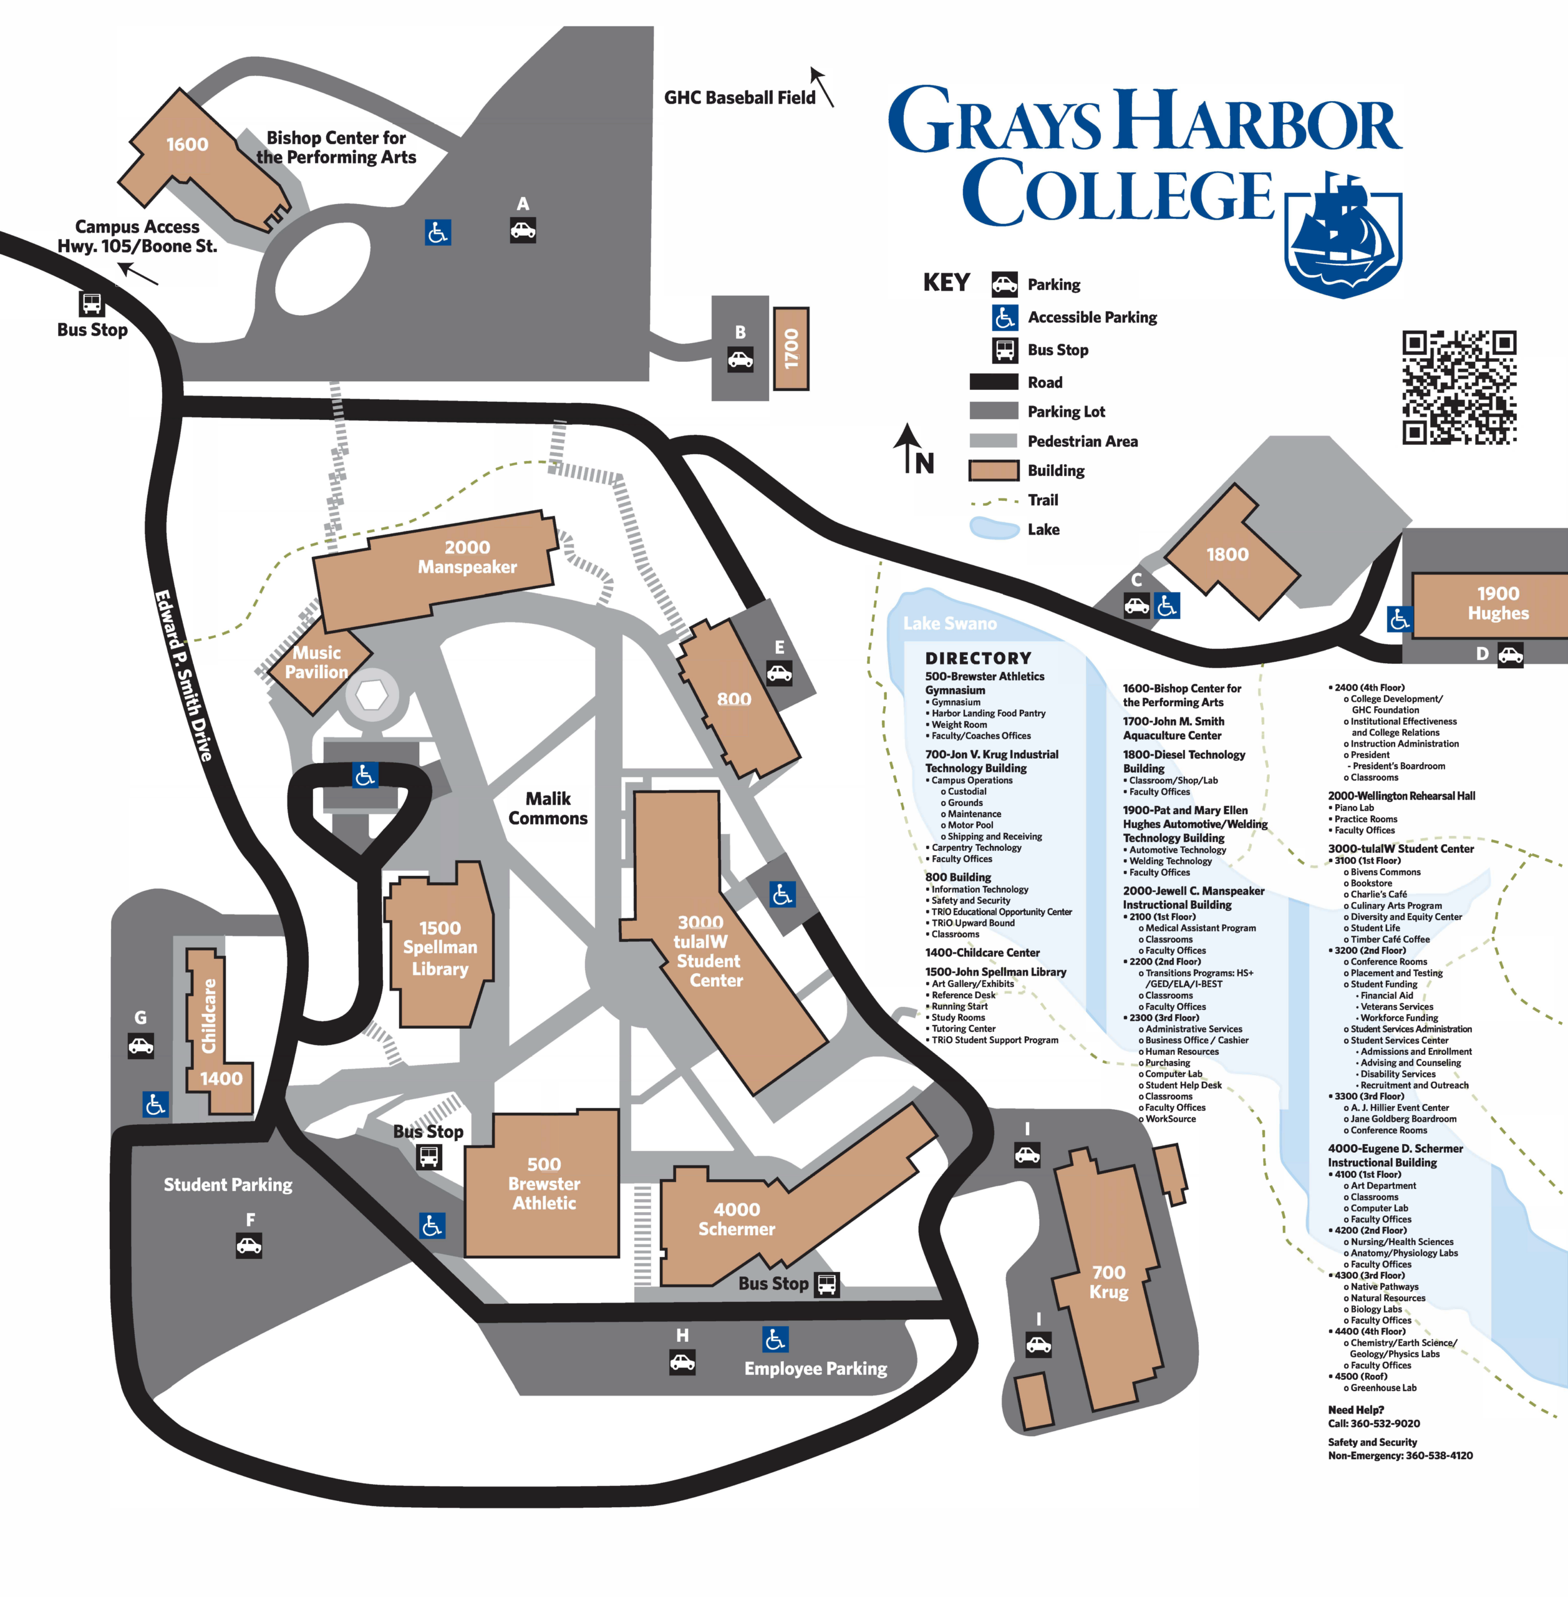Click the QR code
point(1459,387)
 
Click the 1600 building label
point(187,145)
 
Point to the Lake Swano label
point(949,623)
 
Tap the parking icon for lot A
point(522,230)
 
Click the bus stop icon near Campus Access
point(92,303)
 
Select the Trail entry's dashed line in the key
point(994,501)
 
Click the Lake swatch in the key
point(994,529)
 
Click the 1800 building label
point(1227,555)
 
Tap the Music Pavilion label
point(316,662)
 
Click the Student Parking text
point(228,1185)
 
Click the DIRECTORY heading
point(977,658)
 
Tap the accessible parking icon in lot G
point(155,1104)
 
